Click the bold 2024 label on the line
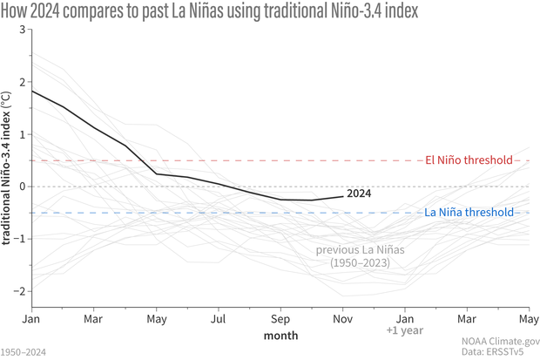tap(358, 194)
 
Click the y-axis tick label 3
tap(21, 31)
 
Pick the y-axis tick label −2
tap(18, 290)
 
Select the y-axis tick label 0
tap(21, 187)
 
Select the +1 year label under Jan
tap(404, 331)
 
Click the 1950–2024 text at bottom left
tap(24, 352)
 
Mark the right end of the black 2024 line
tap(342, 196)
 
